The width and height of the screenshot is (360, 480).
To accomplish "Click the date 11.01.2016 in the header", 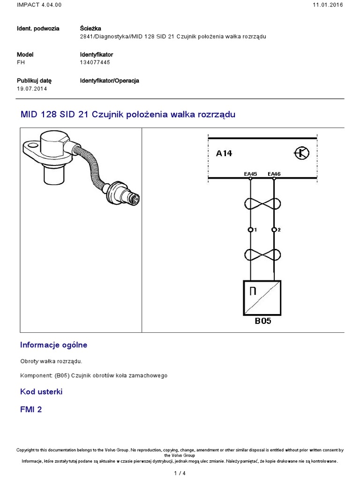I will [328, 5].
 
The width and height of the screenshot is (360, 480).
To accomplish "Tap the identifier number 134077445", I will [95, 62].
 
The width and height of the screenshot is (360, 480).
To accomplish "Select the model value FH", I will [20, 62].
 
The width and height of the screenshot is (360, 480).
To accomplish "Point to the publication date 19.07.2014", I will [32, 89].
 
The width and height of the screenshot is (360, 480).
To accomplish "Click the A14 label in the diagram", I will [224, 153].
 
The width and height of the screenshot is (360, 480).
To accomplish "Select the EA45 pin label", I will [251, 174].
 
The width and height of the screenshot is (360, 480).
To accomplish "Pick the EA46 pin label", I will [274, 174].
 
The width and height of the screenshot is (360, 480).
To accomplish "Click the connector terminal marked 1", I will [251, 230].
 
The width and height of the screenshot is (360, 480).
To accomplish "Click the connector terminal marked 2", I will [274, 230].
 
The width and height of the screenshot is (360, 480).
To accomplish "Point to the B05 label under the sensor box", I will [262, 322].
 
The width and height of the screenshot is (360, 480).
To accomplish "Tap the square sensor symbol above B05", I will [262, 298].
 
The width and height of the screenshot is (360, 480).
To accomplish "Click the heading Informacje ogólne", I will [53, 345].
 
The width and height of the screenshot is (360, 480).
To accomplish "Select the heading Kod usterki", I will [41, 391].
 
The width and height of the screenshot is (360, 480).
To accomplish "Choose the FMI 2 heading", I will [31, 409].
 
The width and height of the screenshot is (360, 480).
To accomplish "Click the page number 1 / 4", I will [180, 473].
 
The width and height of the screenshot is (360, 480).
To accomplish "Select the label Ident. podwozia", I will [38, 28].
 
